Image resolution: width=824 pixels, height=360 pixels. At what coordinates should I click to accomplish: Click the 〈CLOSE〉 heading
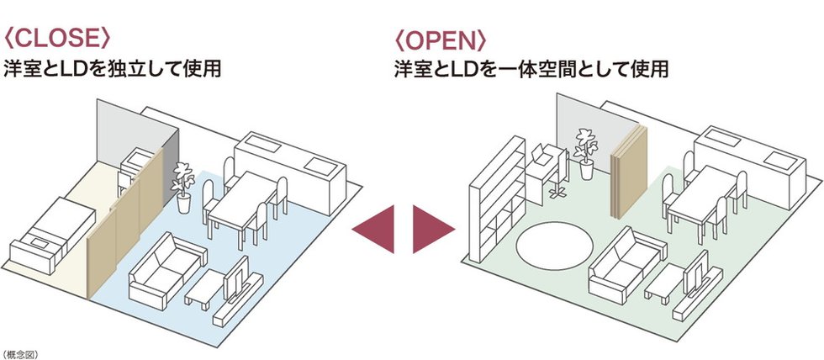coord(57,39)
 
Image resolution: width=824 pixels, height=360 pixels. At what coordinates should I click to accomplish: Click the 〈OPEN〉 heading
coord(440,39)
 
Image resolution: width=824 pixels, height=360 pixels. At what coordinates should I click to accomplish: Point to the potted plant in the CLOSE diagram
coord(182,187)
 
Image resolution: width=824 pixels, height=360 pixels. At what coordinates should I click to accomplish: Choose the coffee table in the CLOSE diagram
coord(206,291)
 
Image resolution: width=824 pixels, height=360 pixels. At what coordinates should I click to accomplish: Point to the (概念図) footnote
coord(20,354)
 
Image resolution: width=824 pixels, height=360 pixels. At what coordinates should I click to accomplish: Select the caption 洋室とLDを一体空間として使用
coord(531,69)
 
